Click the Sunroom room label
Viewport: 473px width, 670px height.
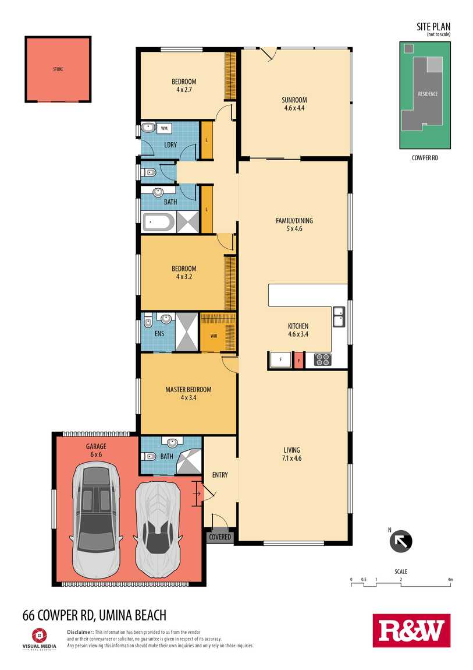tap(294, 100)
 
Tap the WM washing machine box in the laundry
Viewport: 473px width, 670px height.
tap(164, 128)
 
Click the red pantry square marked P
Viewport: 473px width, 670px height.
tap(298, 360)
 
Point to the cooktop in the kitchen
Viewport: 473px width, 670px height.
tap(322, 360)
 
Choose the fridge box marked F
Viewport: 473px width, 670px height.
tap(280, 360)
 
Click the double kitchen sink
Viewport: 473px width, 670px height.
tap(339, 316)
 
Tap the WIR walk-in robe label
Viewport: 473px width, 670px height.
tap(214, 336)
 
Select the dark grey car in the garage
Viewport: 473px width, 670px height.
tap(97, 520)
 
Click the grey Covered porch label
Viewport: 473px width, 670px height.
tap(220, 537)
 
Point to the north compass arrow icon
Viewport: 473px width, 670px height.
tap(401, 541)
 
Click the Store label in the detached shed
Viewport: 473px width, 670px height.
tap(58, 69)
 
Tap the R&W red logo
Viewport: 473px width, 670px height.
tap(411, 631)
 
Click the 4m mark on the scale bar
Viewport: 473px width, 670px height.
tap(450, 580)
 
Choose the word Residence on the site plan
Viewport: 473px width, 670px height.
tap(428, 94)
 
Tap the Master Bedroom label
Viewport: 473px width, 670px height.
tap(189, 390)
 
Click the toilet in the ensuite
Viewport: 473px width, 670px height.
tap(148, 320)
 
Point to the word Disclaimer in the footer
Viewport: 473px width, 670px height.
tap(80, 632)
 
